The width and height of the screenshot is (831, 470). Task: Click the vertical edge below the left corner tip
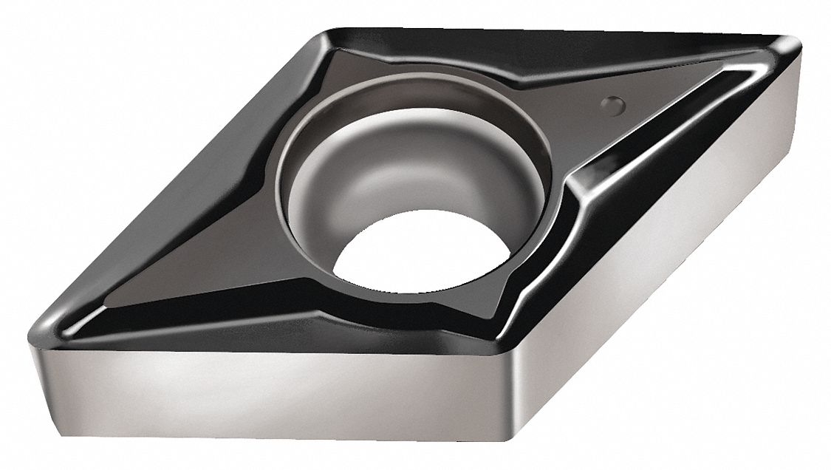(x=37, y=362)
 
